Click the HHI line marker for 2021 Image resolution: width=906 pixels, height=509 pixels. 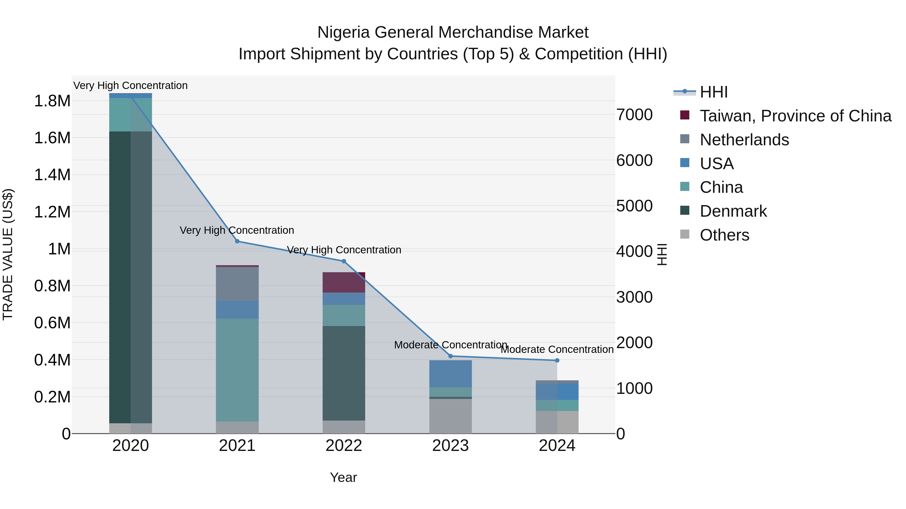click(x=237, y=241)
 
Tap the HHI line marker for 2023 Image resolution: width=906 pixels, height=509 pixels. click(x=450, y=356)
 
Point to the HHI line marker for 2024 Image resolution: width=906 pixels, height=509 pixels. click(x=557, y=360)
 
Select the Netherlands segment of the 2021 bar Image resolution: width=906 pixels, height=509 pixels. click(x=237, y=284)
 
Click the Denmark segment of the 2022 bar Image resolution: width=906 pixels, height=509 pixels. click(x=344, y=373)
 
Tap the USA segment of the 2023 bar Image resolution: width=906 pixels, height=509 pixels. click(x=450, y=374)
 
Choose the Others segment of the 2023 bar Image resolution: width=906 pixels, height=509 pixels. click(x=450, y=416)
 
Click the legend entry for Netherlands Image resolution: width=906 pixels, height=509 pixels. click(x=744, y=140)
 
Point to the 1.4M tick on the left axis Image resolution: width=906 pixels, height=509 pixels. click(x=52, y=175)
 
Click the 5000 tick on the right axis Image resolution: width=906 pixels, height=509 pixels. click(x=634, y=206)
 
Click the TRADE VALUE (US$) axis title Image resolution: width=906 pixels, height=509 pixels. click(x=8, y=254)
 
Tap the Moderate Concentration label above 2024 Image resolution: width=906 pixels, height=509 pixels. click(x=557, y=350)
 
